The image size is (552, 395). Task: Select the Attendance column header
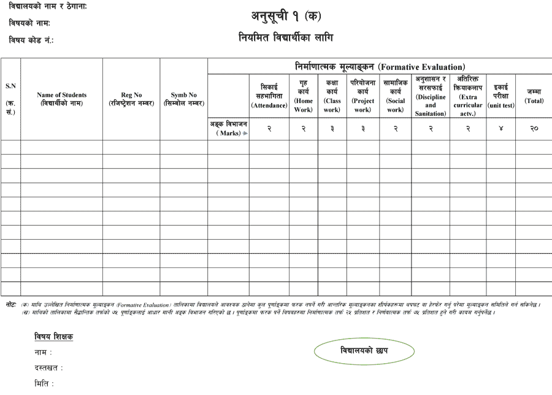tap(269, 96)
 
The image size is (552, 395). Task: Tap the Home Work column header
tap(303, 96)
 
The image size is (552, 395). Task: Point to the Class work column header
tap(332, 96)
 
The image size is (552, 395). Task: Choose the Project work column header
tap(362, 96)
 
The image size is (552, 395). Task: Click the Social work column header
tap(395, 96)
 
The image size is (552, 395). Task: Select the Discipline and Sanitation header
tap(431, 96)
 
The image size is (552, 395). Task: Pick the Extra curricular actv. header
tap(468, 96)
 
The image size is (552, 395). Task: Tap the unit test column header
tap(501, 96)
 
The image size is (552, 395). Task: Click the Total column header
tap(534, 96)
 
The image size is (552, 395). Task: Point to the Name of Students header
tap(62, 99)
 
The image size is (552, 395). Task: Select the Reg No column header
tap(131, 99)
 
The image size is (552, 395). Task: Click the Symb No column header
tap(183, 99)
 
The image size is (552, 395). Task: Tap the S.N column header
tap(10, 99)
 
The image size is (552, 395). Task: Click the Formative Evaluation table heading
tap(379, 66)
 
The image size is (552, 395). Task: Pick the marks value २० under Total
tap(534, 128)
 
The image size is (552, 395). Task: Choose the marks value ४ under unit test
tap(501, 128)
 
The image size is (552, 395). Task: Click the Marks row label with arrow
tap(229, 128)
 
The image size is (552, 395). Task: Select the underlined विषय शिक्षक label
tap(54, 337)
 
